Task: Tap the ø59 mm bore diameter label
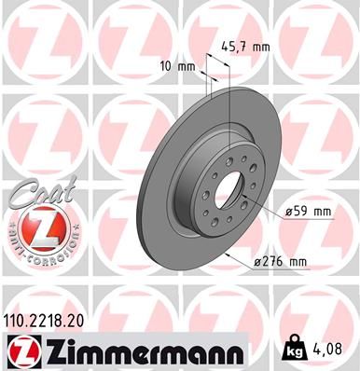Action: pyautogui.click(x=307, y=212)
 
